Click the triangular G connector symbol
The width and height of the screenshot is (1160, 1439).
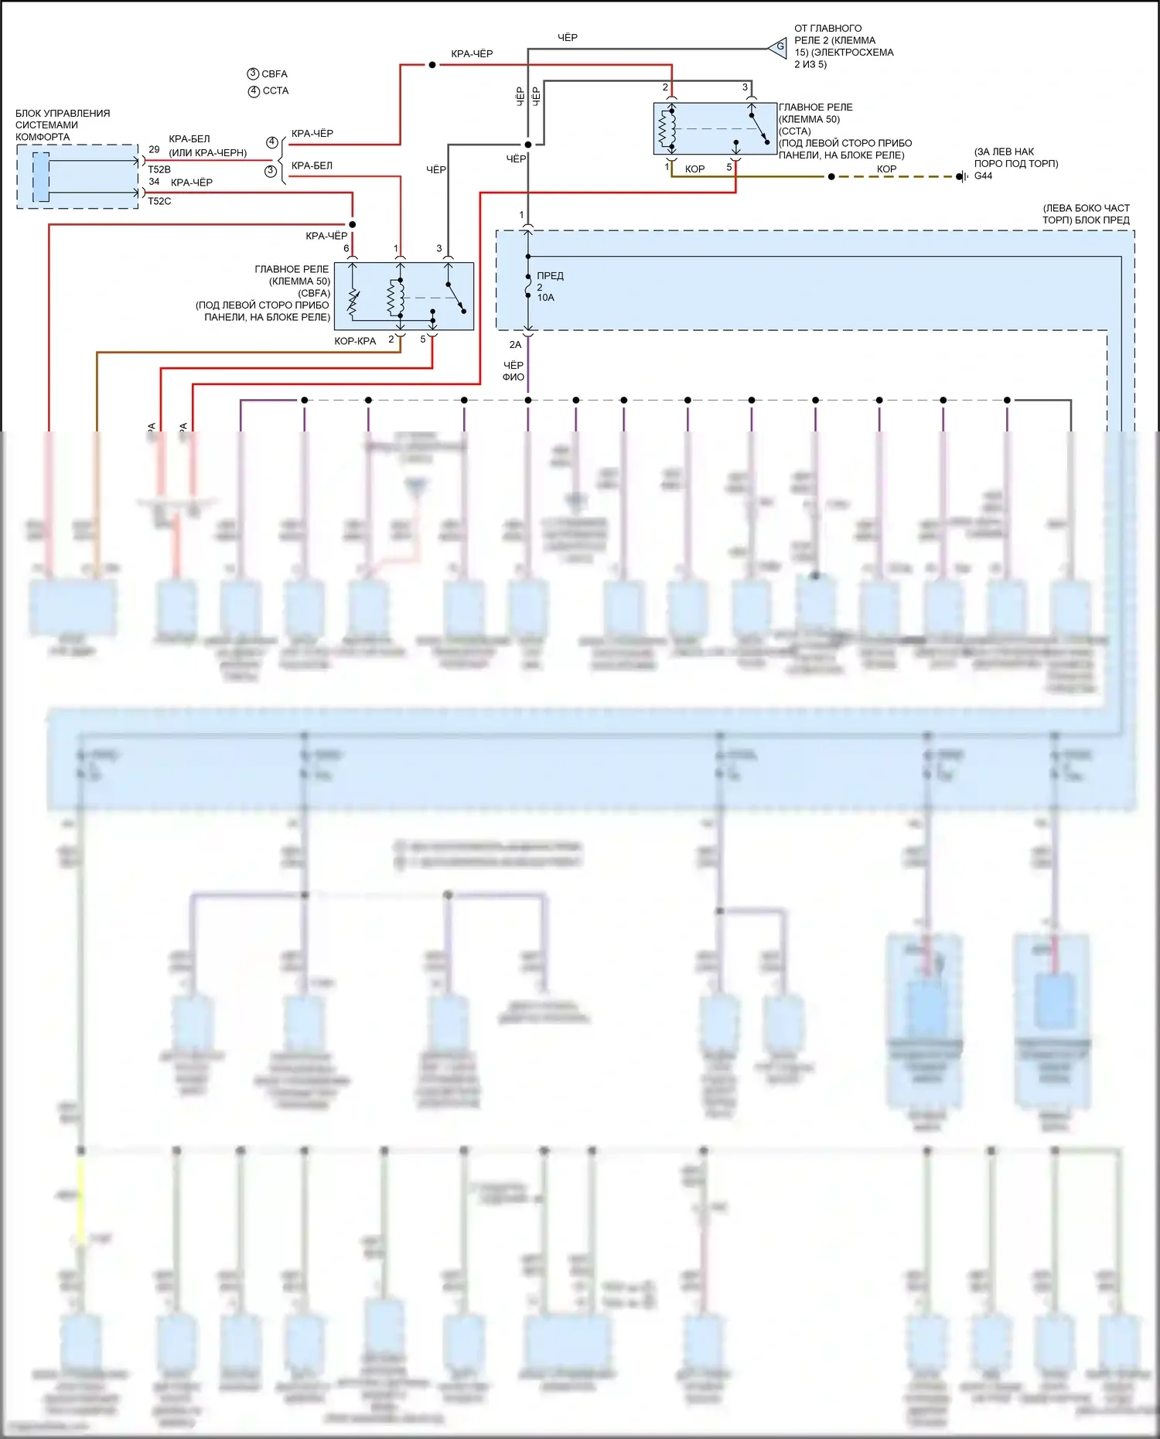pyautogui.click(x=778, y=47)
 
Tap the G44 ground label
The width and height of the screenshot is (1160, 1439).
pyautogui.click(x=983, y=176)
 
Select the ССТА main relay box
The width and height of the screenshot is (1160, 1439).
pyautogui.click(x=715, y=129)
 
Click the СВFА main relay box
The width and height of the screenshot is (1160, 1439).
pyautogui.click(x=404, y=296)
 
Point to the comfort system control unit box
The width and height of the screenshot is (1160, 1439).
pyautogui.click(x=77, y=176)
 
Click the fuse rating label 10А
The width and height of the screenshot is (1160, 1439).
pyautogui.click(x=546, y=298)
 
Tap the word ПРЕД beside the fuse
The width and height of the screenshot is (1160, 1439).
pyautogui.click(x=550, y=276)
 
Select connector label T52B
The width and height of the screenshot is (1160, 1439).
pyautogui.click(x=159, y=169)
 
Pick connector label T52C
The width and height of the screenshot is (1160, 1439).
pyautogui.click(x=159, y=201)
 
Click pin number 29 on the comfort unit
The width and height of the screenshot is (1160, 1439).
pyautogui.click(x=154, y=150)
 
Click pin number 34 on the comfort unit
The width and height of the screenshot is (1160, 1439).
pyautogui.click(x=154, y=182)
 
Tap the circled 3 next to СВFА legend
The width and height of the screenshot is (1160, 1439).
pyautogui.click(x=253, y=74)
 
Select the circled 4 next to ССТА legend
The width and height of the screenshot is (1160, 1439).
pyautogui.click(x=254, y=91)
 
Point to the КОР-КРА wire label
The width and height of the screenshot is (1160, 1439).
pyautogui.click(x=355, y=341)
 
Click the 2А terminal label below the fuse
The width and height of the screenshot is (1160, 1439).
pyautogui.click(x=515, y=345)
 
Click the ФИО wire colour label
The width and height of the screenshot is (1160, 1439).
pyautogui.click(x=513, y=377)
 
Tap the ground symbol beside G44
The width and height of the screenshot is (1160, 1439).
pyautogui.click(x=961, y=177)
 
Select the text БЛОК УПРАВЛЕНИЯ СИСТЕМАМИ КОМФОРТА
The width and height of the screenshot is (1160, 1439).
pyautogui.click(x=63, y=125)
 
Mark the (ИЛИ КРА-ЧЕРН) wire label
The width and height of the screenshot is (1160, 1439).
pyautogui.click(x=208, y=153)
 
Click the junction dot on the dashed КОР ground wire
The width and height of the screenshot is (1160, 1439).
pyautogui.click(x=831, y=177)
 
